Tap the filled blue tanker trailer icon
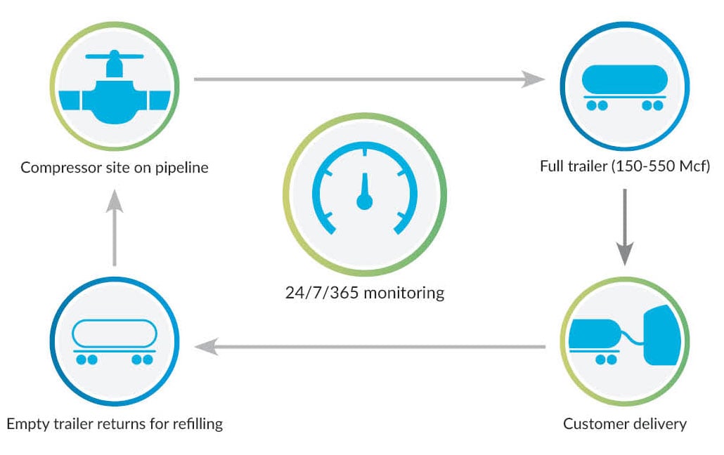pos(625,84)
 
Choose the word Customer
pos(593,424)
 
